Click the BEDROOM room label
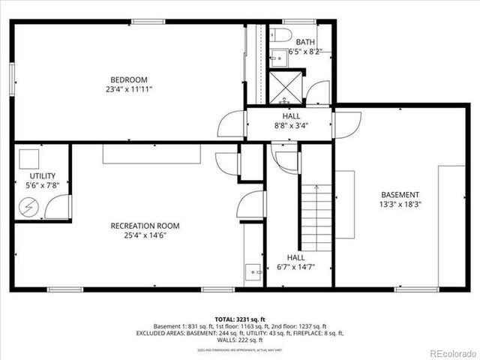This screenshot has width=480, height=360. (129, 79)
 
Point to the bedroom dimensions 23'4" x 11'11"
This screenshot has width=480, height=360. (129, 89)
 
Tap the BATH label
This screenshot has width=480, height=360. (305, 43)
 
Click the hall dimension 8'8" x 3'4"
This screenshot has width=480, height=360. (292, 126)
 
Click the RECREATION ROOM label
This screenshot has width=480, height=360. (145, 225)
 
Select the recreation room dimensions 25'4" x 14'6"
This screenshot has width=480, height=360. (145, 235)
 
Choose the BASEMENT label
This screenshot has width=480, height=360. (399, 194)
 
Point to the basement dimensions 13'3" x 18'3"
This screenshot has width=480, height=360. (399, 204)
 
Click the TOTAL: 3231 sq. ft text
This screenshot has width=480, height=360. (240, 319)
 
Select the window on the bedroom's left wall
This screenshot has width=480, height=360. (12, 79)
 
